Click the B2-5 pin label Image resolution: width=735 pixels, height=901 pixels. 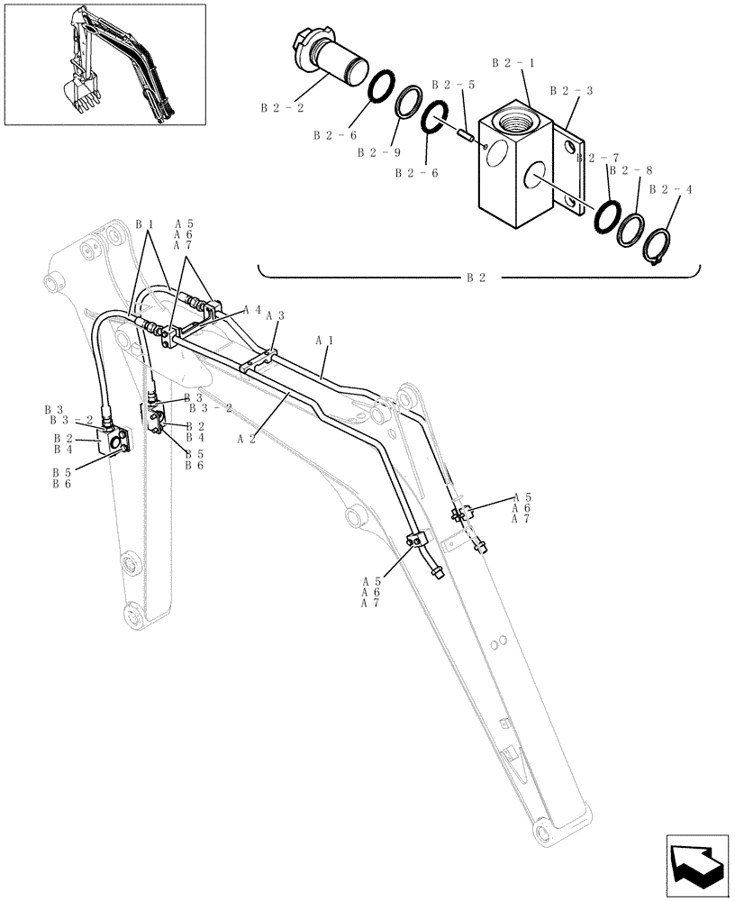pyautogui.click(x=452, y=85)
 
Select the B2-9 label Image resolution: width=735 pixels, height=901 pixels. pyautogui.click(x=376, y=153)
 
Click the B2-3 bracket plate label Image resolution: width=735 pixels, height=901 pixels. pyautogui.click(x=571, y=91)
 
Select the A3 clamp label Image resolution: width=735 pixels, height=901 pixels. pyautogui.click(x=276, y=316)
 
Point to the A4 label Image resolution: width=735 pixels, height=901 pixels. pyautogui.click(x=252, y=309)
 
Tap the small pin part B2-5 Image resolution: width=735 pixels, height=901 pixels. pyautogui.click(x=467, y=135)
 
